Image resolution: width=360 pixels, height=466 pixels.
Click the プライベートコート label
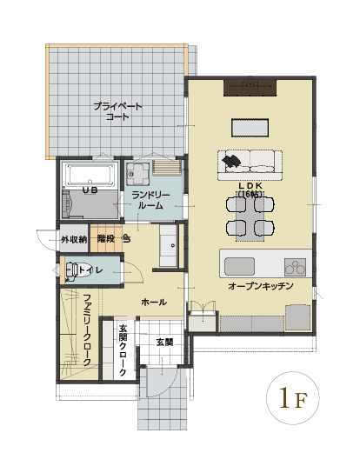point(118,111)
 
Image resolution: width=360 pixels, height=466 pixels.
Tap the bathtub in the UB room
point(90,176)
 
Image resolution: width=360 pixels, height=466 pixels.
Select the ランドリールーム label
point(150,200)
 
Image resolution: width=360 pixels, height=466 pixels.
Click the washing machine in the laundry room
point(137,174)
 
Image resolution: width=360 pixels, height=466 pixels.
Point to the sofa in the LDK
point(250,165)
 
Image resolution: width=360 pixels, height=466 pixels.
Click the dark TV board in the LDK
point(250,88)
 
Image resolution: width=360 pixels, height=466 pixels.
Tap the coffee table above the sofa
point(250,128)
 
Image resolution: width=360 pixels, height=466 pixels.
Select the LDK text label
point(250,190)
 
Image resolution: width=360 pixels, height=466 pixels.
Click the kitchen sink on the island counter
point(239,266)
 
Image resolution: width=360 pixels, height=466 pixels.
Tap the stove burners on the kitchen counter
point(295,267)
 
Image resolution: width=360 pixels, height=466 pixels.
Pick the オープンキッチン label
point(261,286)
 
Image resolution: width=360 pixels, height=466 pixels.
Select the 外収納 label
point(74,240)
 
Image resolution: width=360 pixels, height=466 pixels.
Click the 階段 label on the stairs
point(106,238)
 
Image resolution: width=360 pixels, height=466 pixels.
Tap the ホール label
point(154,303)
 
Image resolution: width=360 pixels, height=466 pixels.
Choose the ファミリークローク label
point(87,330)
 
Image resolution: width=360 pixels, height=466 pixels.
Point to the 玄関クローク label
point(123,350)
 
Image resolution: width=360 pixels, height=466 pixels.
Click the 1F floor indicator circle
point(293,397)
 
